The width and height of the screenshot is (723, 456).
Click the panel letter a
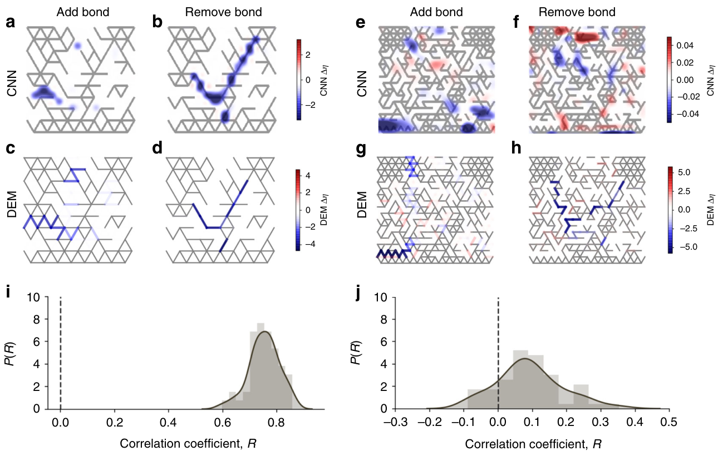pos(9,23)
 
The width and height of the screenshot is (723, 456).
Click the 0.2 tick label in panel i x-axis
pos(115,423)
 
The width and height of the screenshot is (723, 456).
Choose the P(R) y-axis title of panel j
pos(370,353)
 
